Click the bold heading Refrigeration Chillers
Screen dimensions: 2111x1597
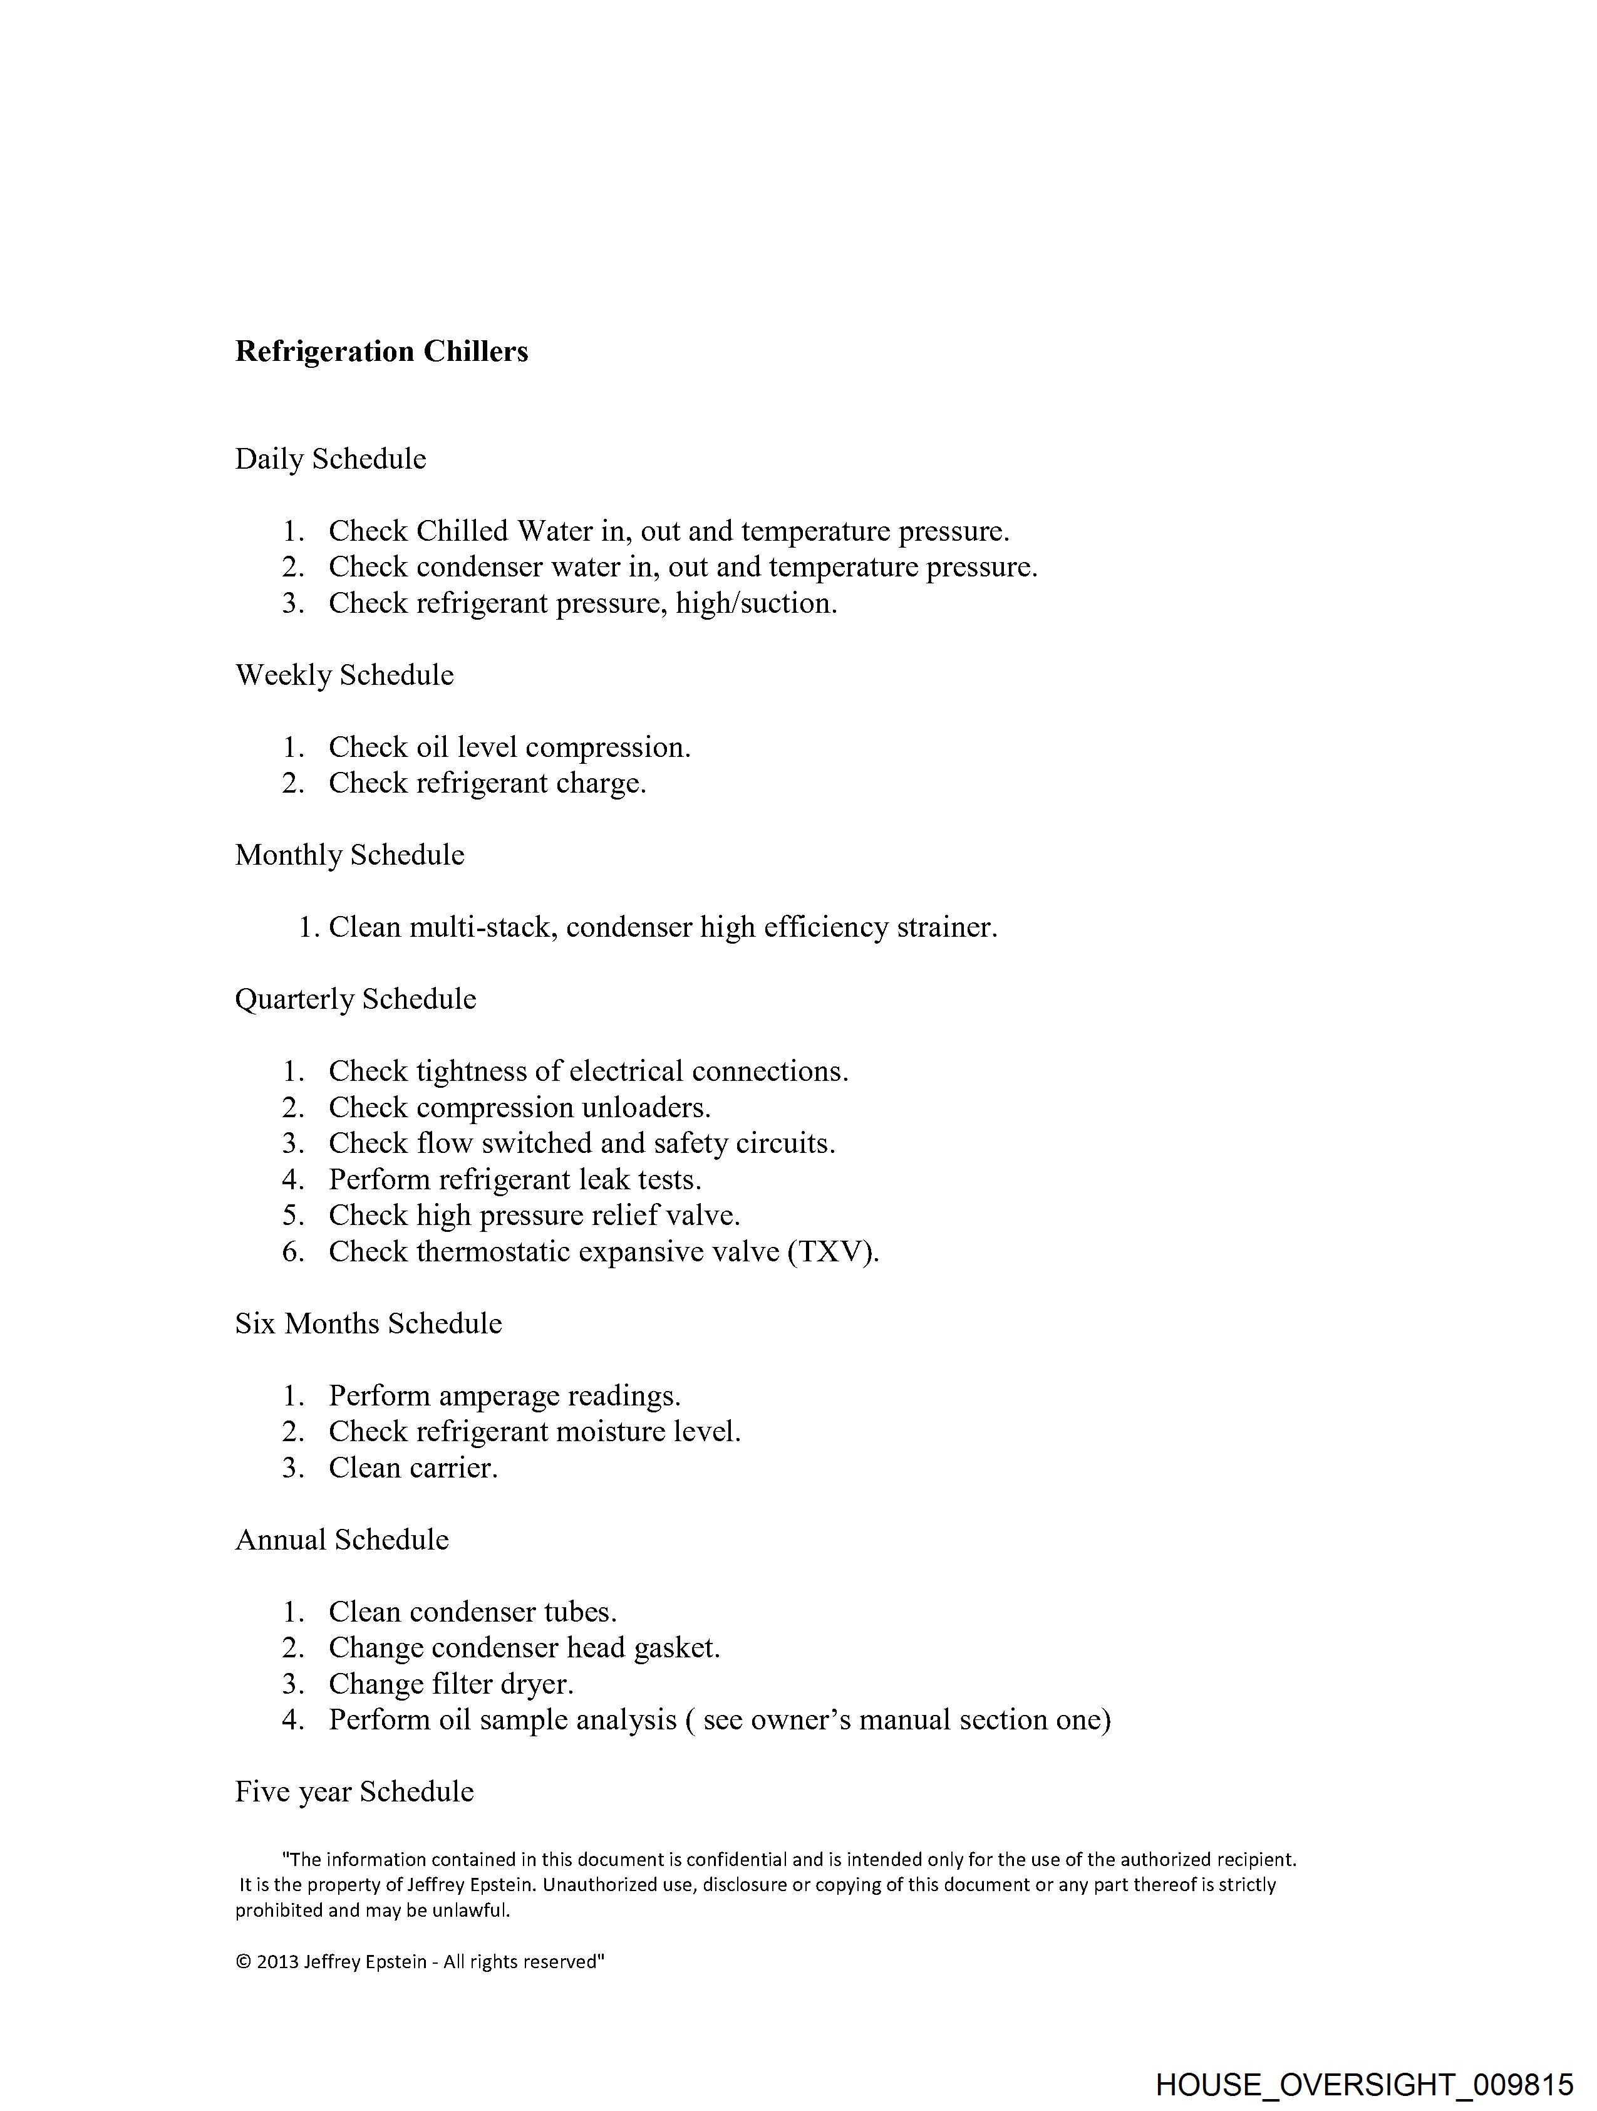tap(381, 352)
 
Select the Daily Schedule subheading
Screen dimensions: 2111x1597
tap(330, 459)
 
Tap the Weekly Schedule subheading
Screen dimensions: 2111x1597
tap(344, 675)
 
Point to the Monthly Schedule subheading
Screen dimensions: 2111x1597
tap(349, 855)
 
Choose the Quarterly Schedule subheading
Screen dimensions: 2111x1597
tap(355, 999)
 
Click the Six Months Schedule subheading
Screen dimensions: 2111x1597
tap(368, 1323)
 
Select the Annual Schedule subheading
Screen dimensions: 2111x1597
tap(341, 1540)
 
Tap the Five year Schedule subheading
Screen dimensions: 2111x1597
tap(354, 1792)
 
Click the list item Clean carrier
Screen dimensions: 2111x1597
tap(413, 1467)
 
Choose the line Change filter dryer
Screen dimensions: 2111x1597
tap(452, 1684)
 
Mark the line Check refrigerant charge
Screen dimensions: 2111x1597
tap(487, 783)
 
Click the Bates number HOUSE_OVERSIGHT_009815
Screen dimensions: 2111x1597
tap(1363, 2084)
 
